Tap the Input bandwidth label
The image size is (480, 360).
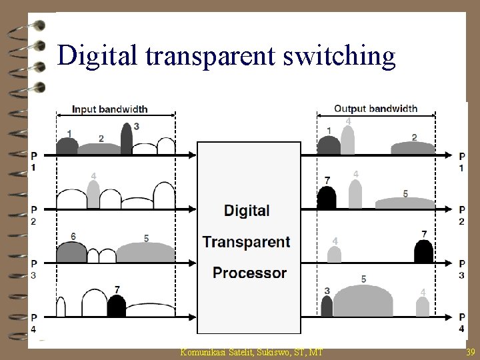[110, 109]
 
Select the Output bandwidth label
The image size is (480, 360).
[376, 108]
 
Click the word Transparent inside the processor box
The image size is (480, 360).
[247, 241]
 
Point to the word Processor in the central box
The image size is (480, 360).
[249, 273]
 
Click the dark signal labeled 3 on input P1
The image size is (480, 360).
[127, 140]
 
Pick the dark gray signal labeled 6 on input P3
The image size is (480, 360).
[71, 253]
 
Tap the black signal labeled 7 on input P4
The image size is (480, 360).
[116, 306]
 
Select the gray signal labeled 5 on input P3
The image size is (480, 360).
[145, 252]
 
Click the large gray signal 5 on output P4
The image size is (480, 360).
[363, 301]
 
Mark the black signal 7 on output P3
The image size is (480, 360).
[423, 252]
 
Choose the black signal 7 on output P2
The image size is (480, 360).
[327, 198]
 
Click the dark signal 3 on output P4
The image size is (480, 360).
[327, 306]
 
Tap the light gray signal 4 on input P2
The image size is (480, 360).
[93, 195]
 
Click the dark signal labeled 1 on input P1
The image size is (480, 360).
[67, 146]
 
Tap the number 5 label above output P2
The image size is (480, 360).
[405, 194]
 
